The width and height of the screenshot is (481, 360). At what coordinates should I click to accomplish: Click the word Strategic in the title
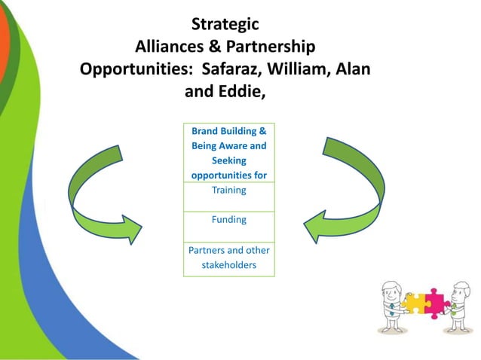click(226, 25)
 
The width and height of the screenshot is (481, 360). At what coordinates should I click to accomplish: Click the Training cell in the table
click(228, 191)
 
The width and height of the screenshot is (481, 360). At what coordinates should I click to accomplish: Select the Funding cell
click(228, 220)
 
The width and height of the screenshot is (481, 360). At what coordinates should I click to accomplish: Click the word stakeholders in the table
click(228, 265)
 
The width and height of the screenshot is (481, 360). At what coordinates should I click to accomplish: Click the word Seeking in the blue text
click(228, 160)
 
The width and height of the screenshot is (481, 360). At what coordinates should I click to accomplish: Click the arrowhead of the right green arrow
click(316, 227)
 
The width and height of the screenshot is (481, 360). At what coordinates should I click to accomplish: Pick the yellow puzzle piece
click(415, 302)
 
